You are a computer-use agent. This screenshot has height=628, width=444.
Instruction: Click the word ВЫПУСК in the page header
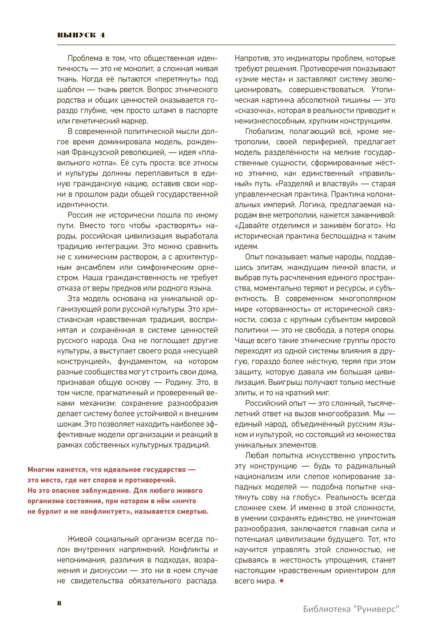[76, 35]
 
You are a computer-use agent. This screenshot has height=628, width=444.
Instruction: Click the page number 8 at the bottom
[59, 603]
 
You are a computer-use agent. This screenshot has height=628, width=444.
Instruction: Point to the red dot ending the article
[282, 581]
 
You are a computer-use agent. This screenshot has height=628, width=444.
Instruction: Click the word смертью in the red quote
[189, 512]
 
